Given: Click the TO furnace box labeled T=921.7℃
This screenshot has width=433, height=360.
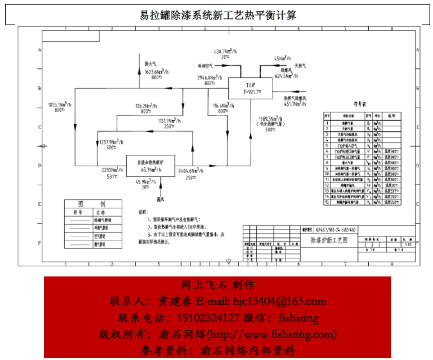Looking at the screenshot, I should pyautogui.click(x=251, y=88).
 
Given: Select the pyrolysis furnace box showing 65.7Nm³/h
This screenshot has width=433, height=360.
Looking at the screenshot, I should pyautogui.click(x=150, y=166).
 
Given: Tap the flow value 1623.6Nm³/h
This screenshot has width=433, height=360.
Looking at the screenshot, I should pyautogui.click(x=157, y=72).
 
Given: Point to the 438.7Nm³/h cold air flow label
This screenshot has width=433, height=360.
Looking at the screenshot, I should pyautogui.click(x=226, y=52).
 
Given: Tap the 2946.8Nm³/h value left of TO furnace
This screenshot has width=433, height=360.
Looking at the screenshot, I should pyautogui.click(x=210, y=77).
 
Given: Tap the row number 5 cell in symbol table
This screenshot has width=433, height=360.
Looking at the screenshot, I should pyautogui.click(x=328, y=146).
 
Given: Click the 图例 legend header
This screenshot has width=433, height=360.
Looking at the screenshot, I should pyautogui.click(x=93, y=204).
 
